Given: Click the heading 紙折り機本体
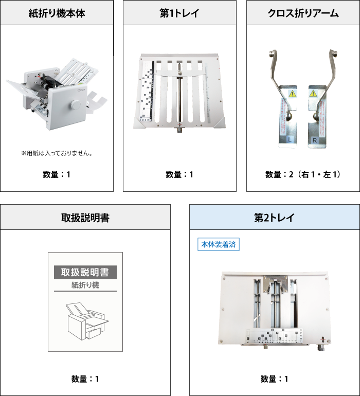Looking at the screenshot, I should click(x=57, y=13).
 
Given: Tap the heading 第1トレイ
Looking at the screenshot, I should click(x=179, y=13).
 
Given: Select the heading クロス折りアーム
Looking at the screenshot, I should click(x=303, y=13).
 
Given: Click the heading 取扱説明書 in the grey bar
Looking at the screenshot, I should click(x=85, y=218).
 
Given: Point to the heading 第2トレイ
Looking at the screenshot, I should click(x=274, y=218).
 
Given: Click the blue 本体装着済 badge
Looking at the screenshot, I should click(x=219, y=244).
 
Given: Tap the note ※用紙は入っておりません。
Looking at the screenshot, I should click(x=57, y=153).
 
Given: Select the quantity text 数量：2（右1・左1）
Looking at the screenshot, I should click(x=303, y=174).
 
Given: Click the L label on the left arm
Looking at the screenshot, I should click(x=290, y=139).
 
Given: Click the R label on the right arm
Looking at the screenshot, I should click(x=314, y=139).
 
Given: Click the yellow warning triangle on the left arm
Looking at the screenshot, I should click(x=291, y=94).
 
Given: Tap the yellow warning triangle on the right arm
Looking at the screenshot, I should click(x=313, y=94).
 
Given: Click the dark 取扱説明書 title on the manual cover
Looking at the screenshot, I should click(x=85, y=273).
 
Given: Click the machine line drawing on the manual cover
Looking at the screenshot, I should click(x=85, y=321).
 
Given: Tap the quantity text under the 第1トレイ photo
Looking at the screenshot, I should click(x=179, y=174).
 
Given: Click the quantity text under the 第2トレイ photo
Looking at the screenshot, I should click(x=274, y=379).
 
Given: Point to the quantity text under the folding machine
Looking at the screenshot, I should click(x=57, y=174).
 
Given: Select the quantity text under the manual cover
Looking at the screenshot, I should click(x=85, y=379).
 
